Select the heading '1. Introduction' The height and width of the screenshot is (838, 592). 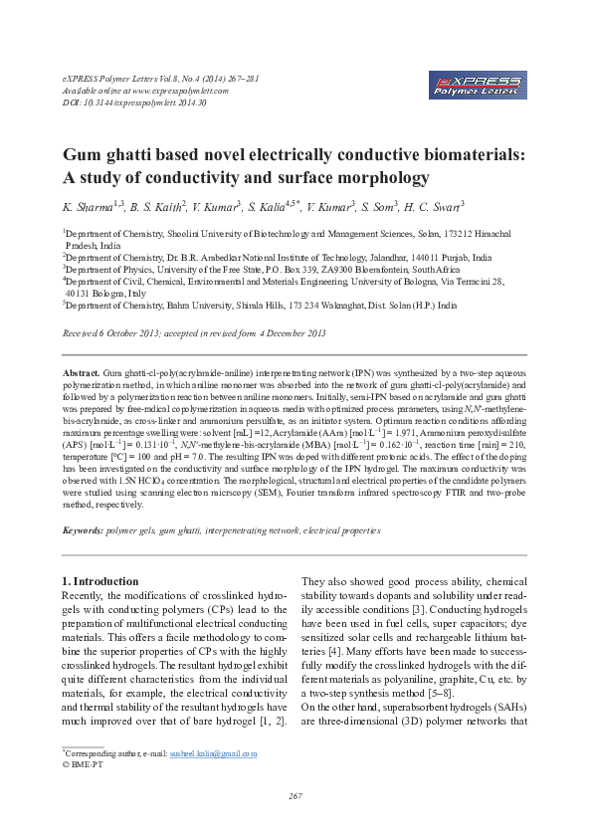pos(103,580)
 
